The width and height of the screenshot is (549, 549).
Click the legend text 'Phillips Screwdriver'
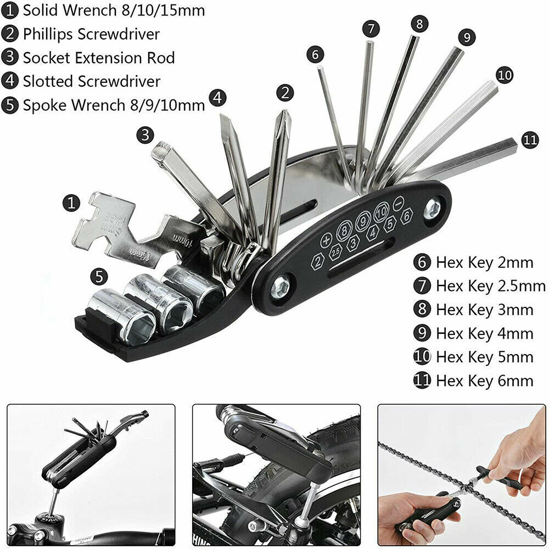pyautogui.click(x=91, y=34)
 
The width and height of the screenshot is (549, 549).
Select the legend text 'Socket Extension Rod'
pyautogui.click(x=99, y=58)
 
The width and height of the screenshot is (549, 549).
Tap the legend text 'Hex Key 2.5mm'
pyautogui.click(x=490, y=286)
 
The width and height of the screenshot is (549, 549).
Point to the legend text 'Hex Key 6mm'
pyautogui.click(x=485, y=380)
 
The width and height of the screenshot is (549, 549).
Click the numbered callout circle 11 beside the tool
pyautogui.click(x=530, y=139)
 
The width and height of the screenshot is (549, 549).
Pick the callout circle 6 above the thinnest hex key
pyautogui.click(x=315, y=54)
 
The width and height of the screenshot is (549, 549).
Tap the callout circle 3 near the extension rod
pyautogui.click(x=145, y=135)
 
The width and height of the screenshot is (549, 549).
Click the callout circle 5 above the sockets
pyautogui.click(x=99, y=277)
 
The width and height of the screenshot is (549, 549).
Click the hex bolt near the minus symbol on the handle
pyautogui.click(x=433, y=209)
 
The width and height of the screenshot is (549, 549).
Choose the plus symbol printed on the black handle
pyautogui.click(x=326, y=240)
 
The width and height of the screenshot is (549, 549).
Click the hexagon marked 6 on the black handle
pyautogui.click(x=406, y=216)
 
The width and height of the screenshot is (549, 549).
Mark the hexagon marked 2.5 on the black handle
pyautogui.click(x=336, y=252)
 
